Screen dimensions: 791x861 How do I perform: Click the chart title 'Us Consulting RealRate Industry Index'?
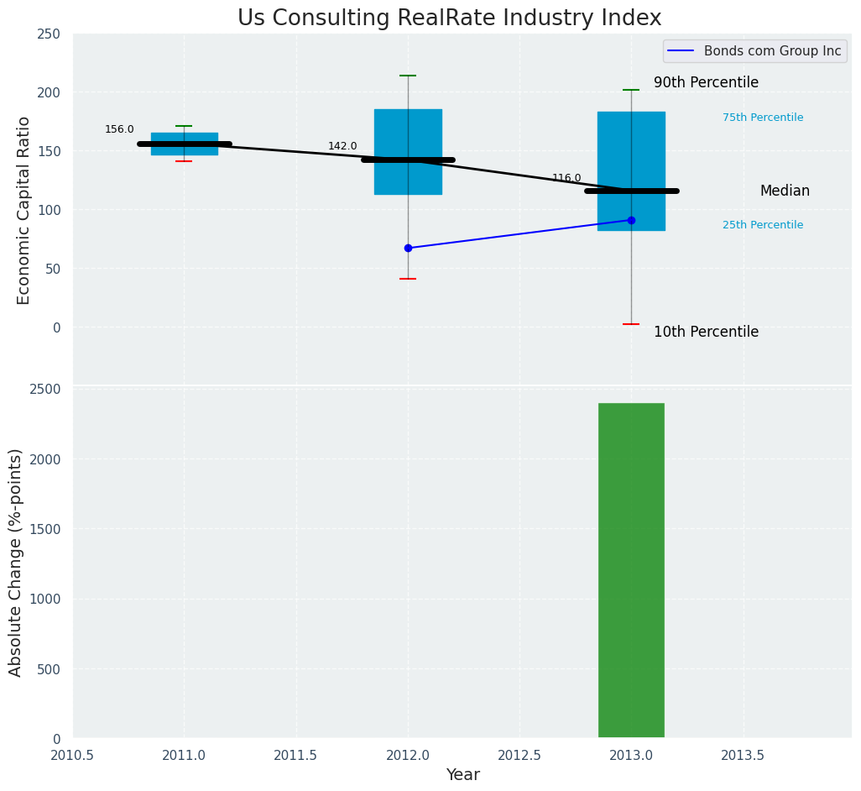coord(449,18)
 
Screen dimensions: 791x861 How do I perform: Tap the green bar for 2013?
coord(631,570)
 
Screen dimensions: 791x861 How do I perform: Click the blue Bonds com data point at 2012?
coord(408,248)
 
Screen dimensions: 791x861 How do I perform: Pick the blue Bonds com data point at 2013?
coord(631,220)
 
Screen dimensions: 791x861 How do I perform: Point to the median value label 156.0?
coord(119,129)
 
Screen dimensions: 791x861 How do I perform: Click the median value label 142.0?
coord(342,146)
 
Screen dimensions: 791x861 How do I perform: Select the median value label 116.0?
coord(566,178)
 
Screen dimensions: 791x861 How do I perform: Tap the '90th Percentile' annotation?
coord(706,82)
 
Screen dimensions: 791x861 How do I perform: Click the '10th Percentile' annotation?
coord(706,332)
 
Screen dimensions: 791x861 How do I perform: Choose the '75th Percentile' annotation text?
coord(763,118)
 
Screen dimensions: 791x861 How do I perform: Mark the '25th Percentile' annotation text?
coord(763,225)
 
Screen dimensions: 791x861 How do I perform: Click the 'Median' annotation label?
coord(785,191)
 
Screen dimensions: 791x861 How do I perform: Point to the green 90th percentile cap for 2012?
coord(408,76)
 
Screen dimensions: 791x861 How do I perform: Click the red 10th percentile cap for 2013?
coord(631,324)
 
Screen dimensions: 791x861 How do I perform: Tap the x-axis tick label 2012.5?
coord(519,755)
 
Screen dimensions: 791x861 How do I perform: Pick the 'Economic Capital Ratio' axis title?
coord(23,210)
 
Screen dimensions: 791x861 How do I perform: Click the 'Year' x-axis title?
coord(462,775)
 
